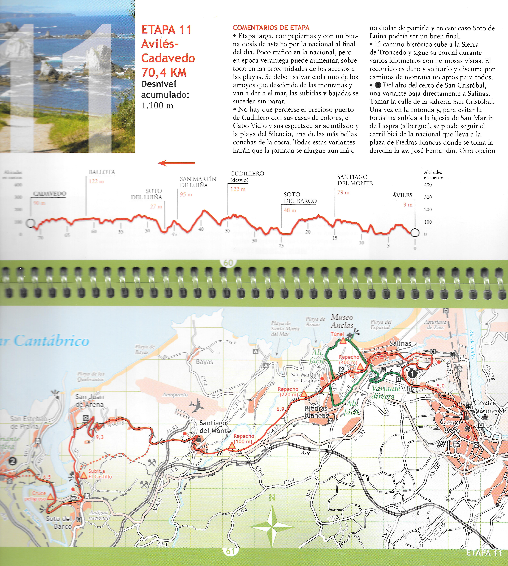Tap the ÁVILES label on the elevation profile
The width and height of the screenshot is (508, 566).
tap(402, 195)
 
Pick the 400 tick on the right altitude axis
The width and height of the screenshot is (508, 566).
tap(428, 185)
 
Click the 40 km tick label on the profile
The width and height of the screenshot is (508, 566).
tap(201, 229)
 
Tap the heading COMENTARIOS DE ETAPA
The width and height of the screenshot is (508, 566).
tap(271, 28)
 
